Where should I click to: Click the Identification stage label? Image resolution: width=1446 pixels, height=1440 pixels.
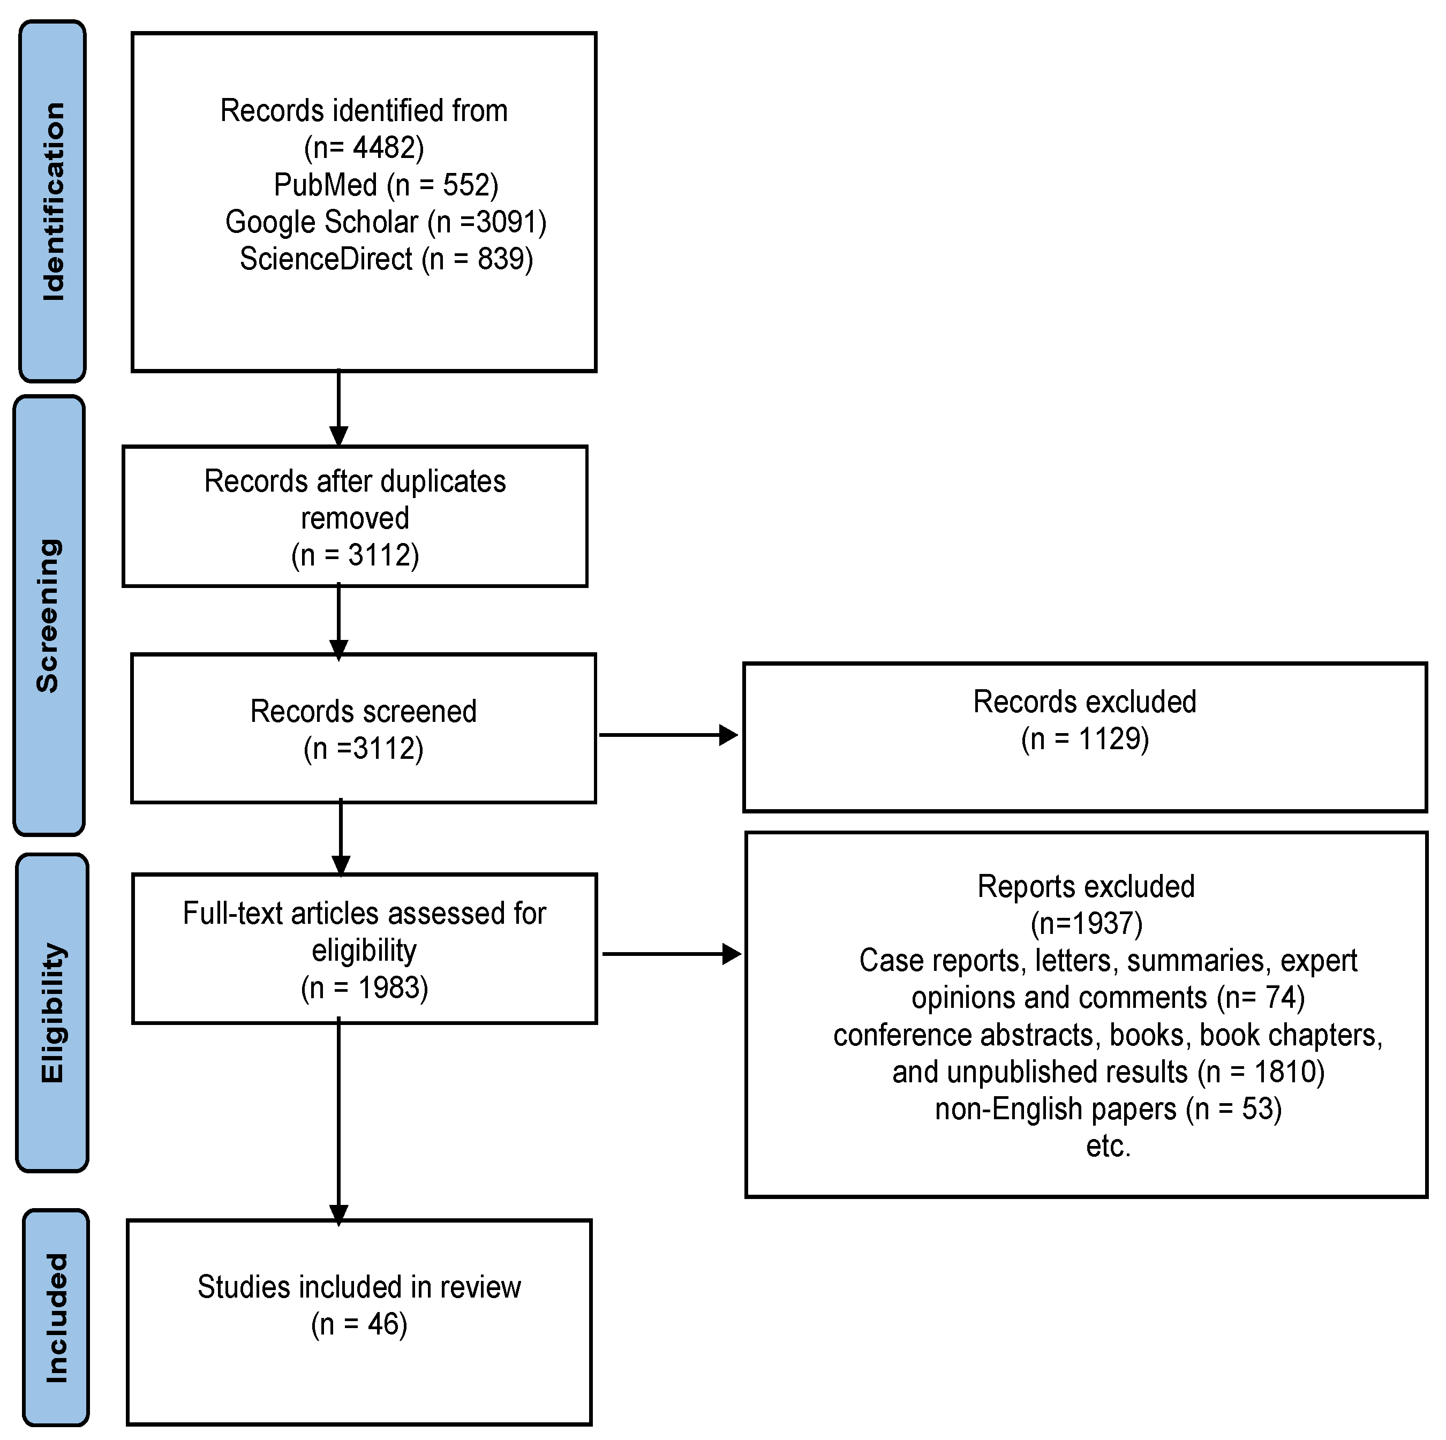52,201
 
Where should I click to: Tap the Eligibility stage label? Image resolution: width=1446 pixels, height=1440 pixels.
52,1013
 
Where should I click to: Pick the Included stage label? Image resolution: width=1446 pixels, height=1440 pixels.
56,1317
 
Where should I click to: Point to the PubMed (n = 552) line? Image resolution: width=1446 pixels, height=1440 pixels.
386,185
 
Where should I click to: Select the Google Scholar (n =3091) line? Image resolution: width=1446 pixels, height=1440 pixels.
386,222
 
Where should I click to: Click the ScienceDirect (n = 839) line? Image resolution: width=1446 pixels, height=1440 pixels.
386,259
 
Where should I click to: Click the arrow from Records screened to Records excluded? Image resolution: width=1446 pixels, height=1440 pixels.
666,735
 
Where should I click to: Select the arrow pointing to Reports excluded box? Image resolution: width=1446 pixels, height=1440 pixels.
670,954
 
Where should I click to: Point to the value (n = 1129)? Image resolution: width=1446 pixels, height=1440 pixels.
1084,738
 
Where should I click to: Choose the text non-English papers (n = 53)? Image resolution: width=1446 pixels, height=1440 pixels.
1108,1109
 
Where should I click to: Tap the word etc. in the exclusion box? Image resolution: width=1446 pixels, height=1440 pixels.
1108,1146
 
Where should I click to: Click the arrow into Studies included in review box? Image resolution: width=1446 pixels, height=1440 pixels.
339,1122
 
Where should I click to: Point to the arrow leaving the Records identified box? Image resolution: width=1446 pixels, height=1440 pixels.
339,408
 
